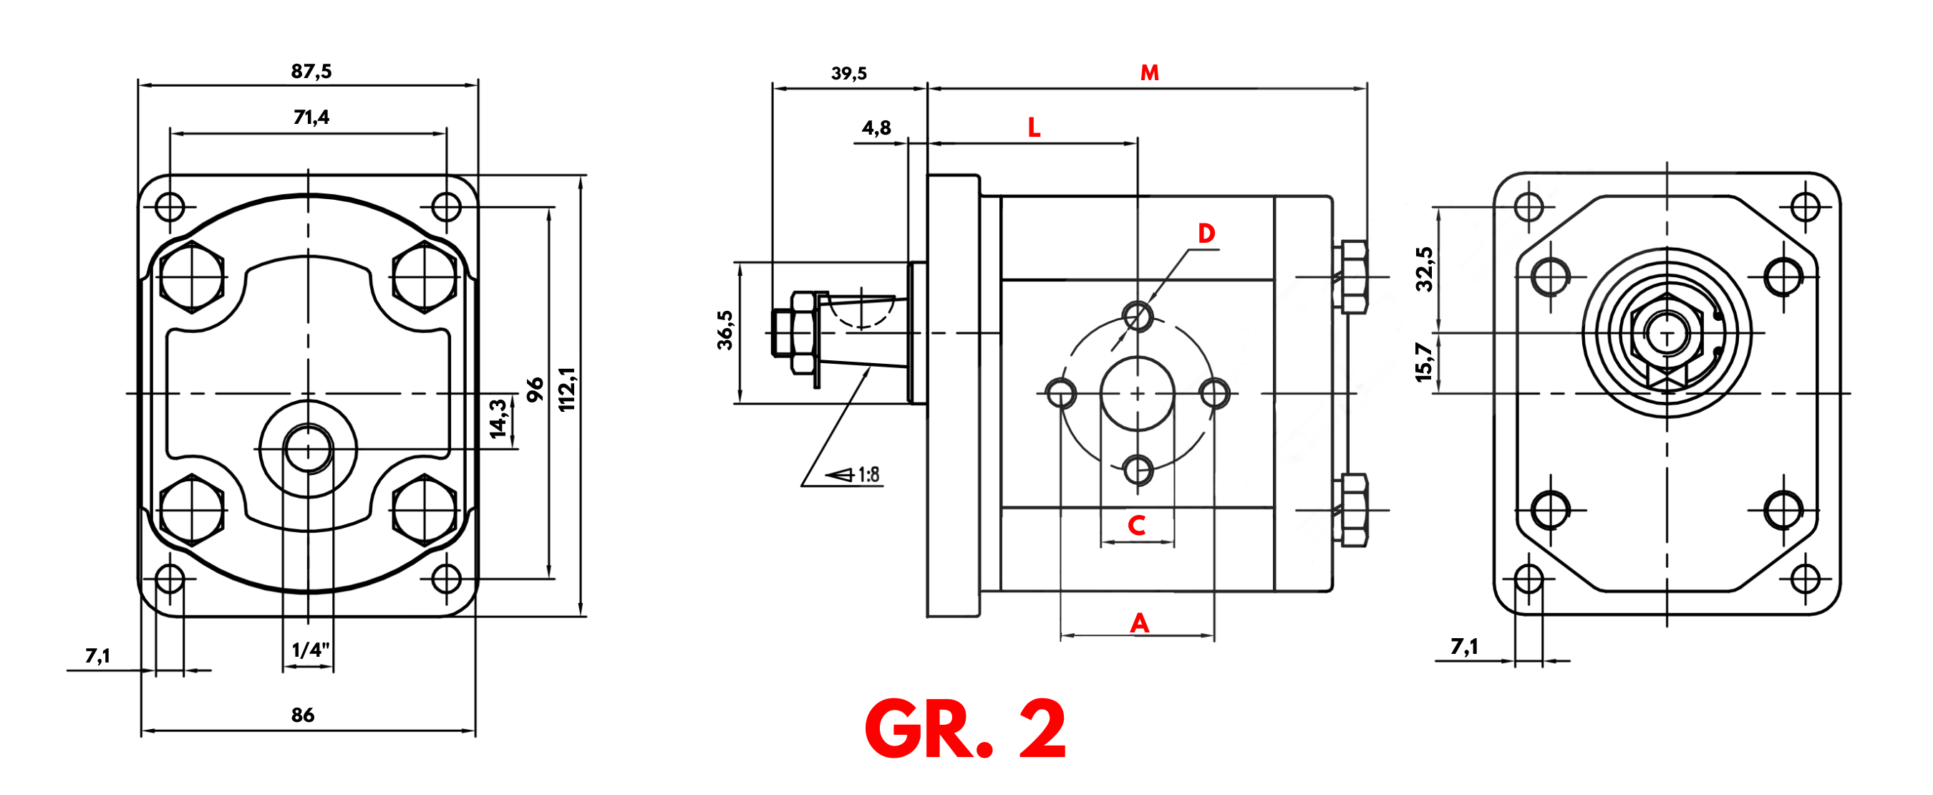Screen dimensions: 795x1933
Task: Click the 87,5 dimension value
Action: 311,72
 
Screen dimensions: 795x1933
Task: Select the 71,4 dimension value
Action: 311,117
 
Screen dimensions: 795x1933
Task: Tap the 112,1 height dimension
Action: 567,389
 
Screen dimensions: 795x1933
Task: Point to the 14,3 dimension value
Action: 498,418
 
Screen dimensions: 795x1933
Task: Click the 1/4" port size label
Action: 310,650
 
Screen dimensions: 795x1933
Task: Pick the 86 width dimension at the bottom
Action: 302,715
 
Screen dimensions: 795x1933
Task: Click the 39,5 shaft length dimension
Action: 848,74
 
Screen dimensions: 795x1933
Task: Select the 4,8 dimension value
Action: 876,127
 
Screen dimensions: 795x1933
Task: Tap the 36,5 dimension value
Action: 725,330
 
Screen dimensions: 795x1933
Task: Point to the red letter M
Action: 1149,73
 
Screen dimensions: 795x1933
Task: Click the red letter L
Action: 1034,127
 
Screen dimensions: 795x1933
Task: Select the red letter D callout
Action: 1206,233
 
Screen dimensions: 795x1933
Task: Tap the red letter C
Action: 1137,526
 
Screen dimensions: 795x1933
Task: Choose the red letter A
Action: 1139,622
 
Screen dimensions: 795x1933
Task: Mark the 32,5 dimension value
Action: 1423,269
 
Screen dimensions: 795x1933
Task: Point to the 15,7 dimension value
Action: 1423,362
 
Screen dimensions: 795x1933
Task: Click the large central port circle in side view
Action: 1138,393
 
